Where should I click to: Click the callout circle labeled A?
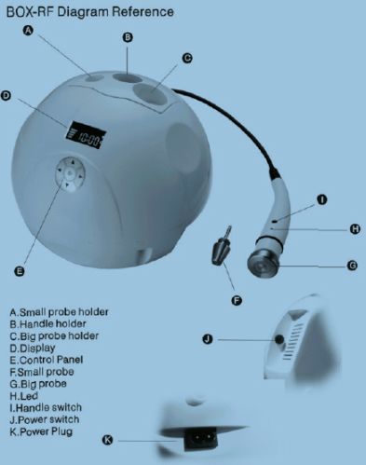(30, 31)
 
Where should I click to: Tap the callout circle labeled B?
(129, 38)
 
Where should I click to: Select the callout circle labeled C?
(187, 58)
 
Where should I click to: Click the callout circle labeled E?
(20, 271)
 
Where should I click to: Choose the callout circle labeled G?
(352, 265)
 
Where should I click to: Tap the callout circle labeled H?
(354, 228)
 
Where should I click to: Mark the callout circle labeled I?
(321, 199)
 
